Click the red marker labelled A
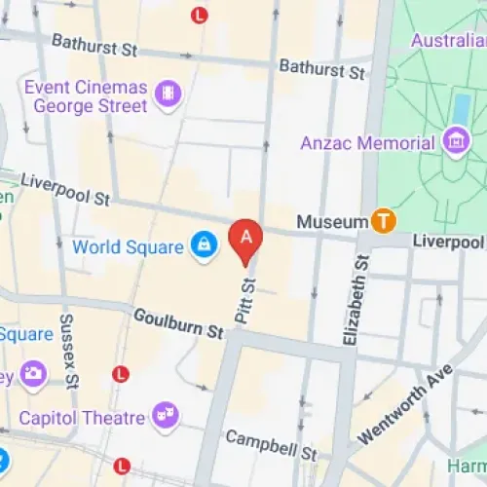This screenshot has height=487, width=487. [246, 238]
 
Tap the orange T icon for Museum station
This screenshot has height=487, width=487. [384, 221]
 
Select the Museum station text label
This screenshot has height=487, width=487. [332, 222]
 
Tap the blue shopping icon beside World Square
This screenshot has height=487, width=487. [204, 245]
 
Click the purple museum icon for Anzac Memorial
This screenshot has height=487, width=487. [454, 142]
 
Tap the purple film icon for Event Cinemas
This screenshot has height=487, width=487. [169, 94]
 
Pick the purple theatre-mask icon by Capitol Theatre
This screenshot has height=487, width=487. [166, 415]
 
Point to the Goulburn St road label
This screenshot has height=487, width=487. [178, 323]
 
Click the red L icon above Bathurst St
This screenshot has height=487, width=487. [200, 15]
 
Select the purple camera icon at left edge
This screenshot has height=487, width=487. [33, 373]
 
